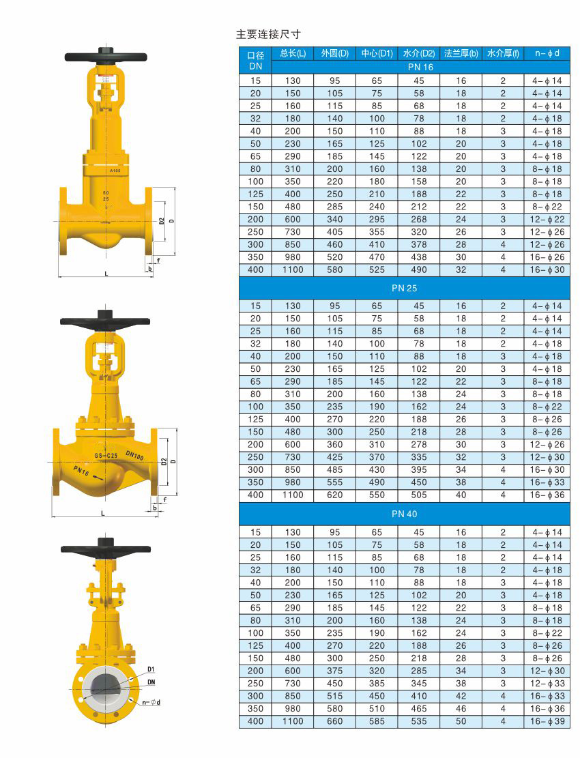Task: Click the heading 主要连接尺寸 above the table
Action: (x=268, y=34)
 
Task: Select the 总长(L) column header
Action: (x=293, y=53)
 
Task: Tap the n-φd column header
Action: (x=547, y=53)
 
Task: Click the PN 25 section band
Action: (x=405, y=288)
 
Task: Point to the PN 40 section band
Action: (x=405, y=514)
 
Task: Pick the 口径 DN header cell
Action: (x=255, y=61)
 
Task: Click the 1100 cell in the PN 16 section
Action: (x=293, y=269)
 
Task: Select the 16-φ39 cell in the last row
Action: (x=547, y=721)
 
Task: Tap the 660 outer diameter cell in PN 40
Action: (x=335, y=721)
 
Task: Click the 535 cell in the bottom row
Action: (x=419, y=721)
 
